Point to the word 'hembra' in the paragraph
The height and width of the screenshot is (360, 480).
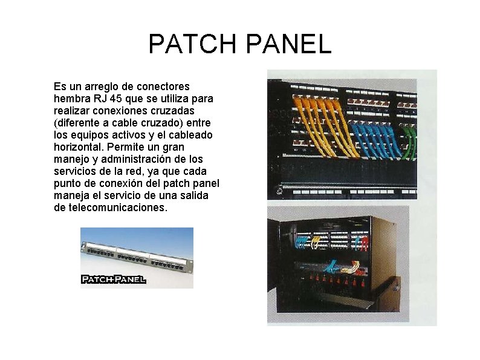69,99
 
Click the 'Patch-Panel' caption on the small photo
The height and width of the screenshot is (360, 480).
113,279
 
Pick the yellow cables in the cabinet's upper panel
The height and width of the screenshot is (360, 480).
316,243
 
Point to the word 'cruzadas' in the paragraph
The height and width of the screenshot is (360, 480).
176,111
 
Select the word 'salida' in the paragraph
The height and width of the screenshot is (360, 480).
193,195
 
